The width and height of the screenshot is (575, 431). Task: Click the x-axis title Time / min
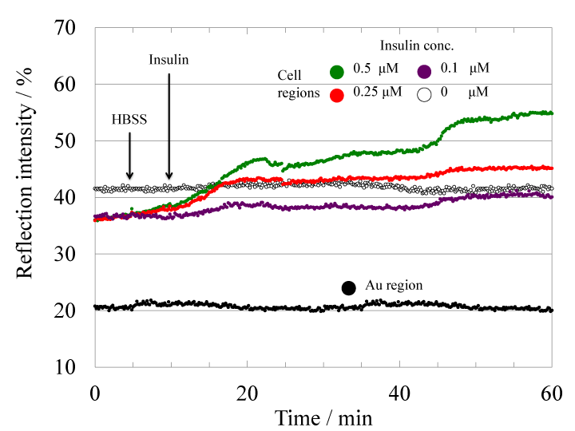point(323,416)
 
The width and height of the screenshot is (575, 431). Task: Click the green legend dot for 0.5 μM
point(337,72)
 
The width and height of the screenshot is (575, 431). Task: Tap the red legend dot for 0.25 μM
point(337,94)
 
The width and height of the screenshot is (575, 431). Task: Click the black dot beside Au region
point(348,287)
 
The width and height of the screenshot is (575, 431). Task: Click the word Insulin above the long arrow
point(169,60)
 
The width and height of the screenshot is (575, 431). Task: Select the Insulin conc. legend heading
point(412,46)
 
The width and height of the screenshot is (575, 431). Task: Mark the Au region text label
point(394,285)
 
